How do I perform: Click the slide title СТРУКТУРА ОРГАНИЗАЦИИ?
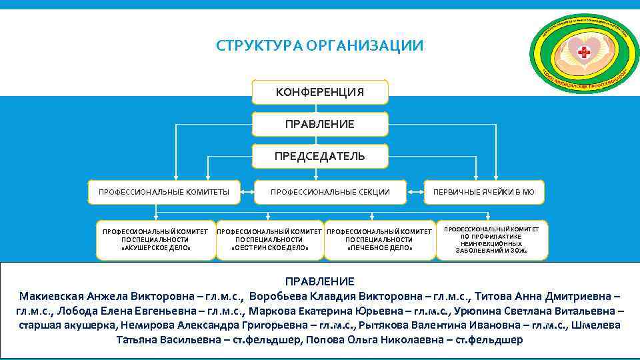pyautogui.click(x=319, y=46)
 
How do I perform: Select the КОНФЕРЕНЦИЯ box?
pyautogui.click(x=320, y=92)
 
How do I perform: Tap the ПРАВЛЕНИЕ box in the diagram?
pyautogui.click(x=320, y=124)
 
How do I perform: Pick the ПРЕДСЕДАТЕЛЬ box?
pyautogui.click(x=320, y=156)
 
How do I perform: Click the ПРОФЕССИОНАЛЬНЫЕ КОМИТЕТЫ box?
pyautogui.click(x=164, y=192)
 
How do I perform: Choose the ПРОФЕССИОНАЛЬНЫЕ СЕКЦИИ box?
pyautogui.click(x=330, y=192)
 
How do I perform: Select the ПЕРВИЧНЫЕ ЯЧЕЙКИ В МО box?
pyautogui.click(x=484, y=192)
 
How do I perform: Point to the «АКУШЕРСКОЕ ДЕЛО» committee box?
pyautogui.click(x=156, y=239)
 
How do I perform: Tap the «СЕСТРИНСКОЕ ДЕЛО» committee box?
pyautogui.click(x=269, y=239)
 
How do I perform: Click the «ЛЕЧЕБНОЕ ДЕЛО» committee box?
pyautogui.click(x=380, y=239)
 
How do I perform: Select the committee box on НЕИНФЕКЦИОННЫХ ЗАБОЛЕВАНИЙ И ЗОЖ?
pyautogui.click(x=492, y=239)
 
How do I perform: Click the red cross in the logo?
pyautogui.click(x=585, y=53)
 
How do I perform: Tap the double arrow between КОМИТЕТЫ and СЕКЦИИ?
pyautogui.click(x=245, y=193)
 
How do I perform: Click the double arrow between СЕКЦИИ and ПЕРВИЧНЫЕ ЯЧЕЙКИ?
pyautogui.click(x=415, y=193)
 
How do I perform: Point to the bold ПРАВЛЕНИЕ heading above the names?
pyautogui.click(x=320, y=281)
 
